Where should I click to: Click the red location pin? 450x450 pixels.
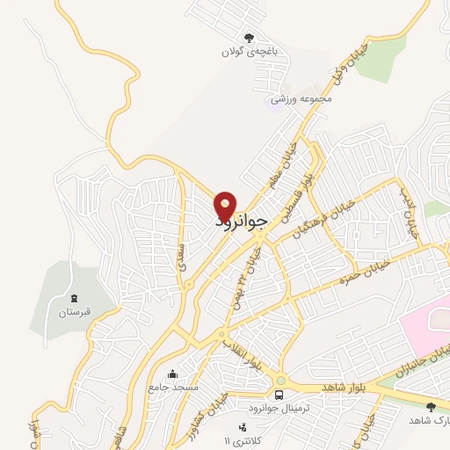(226, 205)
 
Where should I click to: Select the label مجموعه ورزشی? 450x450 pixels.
(301, 99)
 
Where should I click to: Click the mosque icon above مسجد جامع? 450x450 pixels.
(173, 374)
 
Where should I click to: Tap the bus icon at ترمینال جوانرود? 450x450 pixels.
(279, 395)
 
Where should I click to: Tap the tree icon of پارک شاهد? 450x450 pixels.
(430, 407)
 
